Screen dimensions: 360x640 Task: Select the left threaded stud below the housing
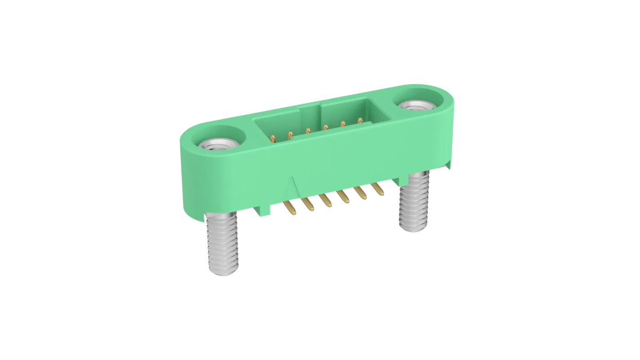coord(222,245)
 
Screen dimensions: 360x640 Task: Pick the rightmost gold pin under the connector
coord(378,188)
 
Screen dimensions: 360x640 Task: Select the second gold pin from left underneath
coord(307,203)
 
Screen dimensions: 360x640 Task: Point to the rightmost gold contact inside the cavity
coord(360,122)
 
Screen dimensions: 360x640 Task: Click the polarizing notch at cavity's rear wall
coord(310,113)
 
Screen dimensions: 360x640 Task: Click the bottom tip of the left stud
coord(223,274)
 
